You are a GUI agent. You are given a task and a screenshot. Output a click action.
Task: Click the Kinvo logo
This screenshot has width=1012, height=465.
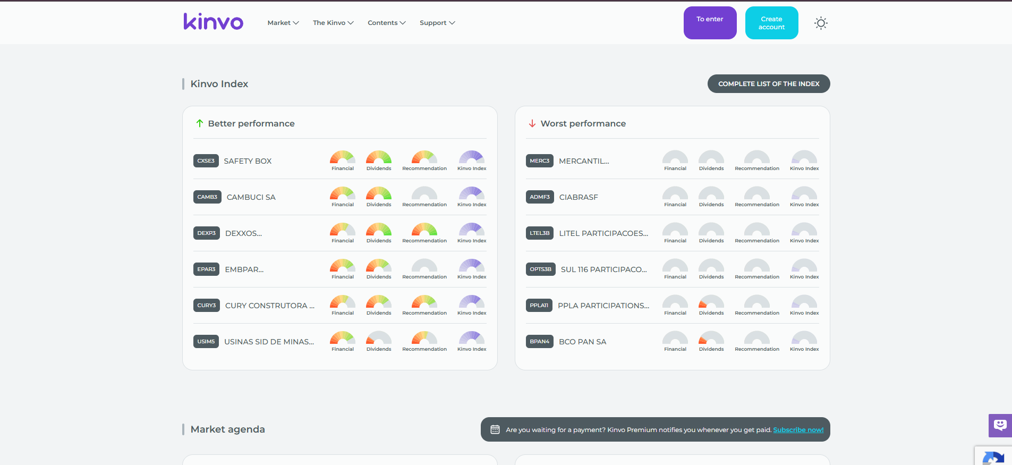coord(214,21)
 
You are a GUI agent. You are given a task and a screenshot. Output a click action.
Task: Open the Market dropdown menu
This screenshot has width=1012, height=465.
coord(283,23)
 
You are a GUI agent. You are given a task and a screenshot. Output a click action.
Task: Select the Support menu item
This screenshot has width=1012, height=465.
coord(437,23)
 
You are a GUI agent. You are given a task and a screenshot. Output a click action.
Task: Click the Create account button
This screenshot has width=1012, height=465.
coord(771,23)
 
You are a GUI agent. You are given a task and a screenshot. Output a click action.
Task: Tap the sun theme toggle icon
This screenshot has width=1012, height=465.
coord(821,23)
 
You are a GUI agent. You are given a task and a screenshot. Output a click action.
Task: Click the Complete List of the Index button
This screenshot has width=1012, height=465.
coord(769,83)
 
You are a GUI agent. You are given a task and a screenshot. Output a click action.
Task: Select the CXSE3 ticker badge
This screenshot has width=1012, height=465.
coord(206,160)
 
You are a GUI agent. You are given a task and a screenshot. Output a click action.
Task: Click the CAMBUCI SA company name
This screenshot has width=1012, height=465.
coord(251,197)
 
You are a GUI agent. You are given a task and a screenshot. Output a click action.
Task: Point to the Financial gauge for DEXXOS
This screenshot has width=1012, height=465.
coord(343,230)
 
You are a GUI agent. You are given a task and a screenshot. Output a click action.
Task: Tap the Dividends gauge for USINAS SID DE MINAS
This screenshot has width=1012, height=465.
coord(379,338)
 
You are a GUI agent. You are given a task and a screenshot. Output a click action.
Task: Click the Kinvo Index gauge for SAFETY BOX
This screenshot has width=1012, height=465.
coord(472,157)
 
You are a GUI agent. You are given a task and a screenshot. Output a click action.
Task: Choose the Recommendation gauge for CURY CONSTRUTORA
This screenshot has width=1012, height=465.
coord(424,302)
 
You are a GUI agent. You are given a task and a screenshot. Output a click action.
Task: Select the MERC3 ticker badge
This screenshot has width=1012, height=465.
coord(540,160)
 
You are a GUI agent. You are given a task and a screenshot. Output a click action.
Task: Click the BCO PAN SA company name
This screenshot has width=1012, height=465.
coord(582,342)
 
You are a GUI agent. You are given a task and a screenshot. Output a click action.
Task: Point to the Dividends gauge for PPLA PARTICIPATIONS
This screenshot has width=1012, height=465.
coord(711,302)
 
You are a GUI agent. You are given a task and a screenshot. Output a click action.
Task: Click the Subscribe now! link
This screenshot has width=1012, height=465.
coord(798,430)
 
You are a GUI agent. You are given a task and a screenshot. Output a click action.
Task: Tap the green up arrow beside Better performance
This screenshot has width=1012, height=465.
coord(200,123)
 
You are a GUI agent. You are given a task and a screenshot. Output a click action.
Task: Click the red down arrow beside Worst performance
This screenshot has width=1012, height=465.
coord(532,123)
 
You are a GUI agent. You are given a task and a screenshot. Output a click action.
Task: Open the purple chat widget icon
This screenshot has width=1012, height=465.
coord(1000,425)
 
